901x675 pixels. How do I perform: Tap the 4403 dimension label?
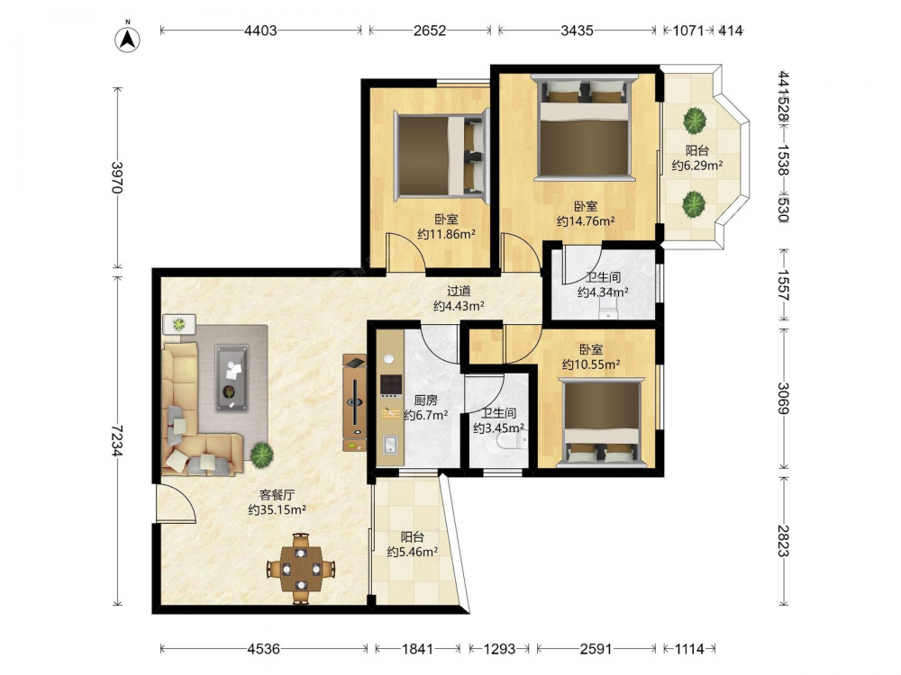coord(260,31)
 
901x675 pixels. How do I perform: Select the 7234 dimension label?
coord(117,440)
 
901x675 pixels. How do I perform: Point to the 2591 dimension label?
coord(596,649)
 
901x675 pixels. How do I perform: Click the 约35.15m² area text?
coord(277,509)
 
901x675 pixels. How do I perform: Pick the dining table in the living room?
coord(301,568)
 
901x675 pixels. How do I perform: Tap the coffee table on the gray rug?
coord(232,378)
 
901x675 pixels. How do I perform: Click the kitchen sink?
coord(389,445)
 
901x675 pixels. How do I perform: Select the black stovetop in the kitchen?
coord(390,385)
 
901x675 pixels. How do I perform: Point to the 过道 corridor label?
coord(459,291)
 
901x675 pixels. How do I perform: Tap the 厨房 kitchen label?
coord(425,400)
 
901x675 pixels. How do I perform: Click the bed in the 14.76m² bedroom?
coord(584,127)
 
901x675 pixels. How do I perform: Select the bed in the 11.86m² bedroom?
coord(441,155)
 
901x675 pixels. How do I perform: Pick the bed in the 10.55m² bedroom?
coord(601,420)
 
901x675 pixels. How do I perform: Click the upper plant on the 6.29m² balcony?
coord(695,121)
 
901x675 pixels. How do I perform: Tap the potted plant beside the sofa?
coord(261,454)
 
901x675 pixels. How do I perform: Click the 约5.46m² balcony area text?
coord(412,553)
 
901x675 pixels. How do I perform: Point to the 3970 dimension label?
coord(117,178)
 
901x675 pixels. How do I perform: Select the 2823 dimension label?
coord(783,541)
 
